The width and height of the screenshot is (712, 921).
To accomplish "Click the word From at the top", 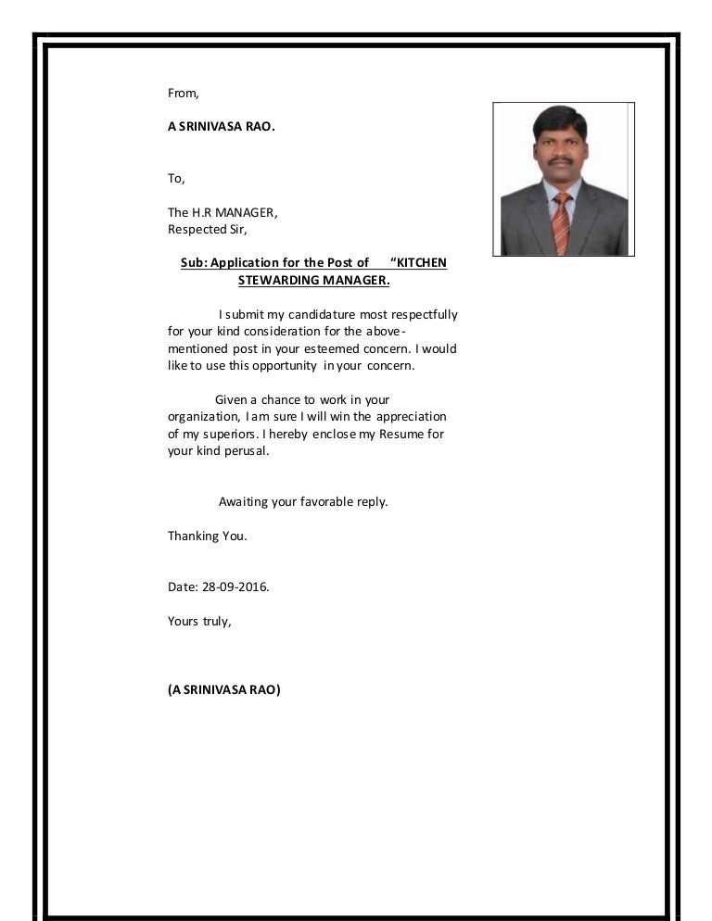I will tap(183, 93).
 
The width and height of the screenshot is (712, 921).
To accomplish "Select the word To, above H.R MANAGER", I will tap(176, 178).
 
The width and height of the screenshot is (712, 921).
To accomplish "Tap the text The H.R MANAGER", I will tap(222, 212).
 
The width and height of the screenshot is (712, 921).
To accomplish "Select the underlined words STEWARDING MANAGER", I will tap(313, 280).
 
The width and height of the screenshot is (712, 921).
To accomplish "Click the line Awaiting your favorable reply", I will tap(302, 502).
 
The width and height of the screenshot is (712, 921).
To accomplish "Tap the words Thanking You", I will tap(207, 536).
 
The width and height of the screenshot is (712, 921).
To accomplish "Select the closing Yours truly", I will tap(198, 621).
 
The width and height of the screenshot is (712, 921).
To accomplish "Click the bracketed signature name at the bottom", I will tap(223, 689).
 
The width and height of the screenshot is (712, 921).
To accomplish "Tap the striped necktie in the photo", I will tap(561, 222).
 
